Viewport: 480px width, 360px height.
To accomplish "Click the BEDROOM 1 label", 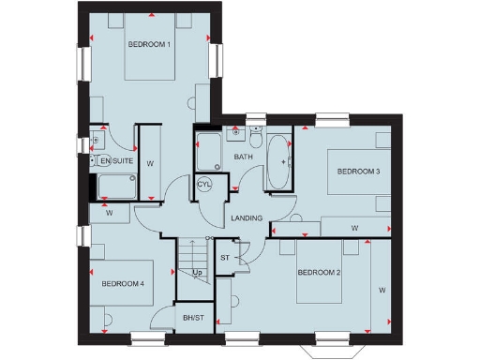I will click(x=149, y=44).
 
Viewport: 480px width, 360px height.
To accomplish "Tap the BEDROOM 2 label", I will click(x=319, y=273).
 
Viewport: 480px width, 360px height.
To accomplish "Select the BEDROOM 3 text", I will click(x=358, y=172).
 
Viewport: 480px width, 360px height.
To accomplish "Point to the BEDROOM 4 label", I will click(x=123, y=284).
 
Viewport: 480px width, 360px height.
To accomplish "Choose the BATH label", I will click(x=244, y=157).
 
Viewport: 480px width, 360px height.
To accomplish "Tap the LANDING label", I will click(x=247, y=218).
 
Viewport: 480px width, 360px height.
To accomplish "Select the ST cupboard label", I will click(x=225, y=256).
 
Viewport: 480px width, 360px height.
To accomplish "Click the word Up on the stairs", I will click(x=197, y=273).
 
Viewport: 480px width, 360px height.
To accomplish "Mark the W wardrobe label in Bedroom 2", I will click(x=382, y=291).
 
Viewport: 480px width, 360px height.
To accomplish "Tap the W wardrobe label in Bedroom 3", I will click(x=354, y=228).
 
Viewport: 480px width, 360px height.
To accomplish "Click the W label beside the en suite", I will click(x=150, y=162).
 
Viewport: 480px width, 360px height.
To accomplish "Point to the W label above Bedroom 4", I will click(x=110, y=213).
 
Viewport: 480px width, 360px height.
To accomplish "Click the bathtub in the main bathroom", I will click(x=279, y=162).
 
